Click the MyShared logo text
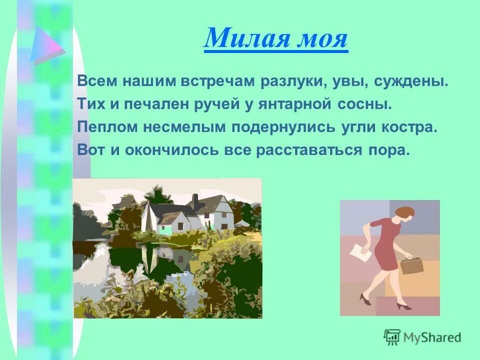click(x=431, y=337)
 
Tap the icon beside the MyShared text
click(x=392, y=337)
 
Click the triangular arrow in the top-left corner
click(x=45, y=45)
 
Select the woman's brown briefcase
click(x=411, y=265)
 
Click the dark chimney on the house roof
click(x=194, y=201)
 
